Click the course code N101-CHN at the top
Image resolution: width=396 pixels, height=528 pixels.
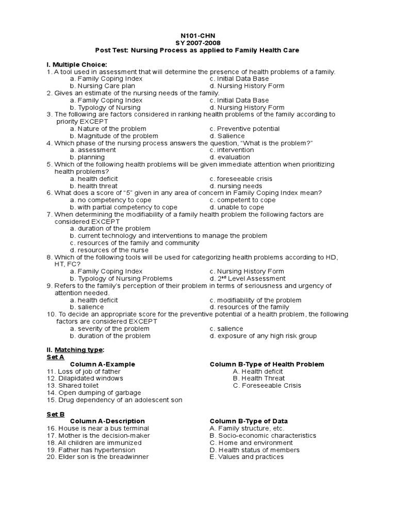click(197, 36)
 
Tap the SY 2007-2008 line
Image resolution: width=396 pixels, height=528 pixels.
click(197, 43)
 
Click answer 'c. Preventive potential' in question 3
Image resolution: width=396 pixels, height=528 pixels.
click(244, 129)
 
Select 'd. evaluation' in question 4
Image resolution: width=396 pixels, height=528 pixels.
click(230, 157)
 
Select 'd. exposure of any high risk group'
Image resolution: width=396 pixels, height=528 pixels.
click(263, 336)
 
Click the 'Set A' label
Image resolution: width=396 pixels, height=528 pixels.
click(55, 357)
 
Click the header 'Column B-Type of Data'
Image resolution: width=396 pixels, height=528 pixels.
click(249, 421)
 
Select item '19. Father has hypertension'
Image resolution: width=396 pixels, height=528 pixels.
click(93, 450)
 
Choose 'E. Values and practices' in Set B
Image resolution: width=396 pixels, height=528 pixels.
click(246, 457)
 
